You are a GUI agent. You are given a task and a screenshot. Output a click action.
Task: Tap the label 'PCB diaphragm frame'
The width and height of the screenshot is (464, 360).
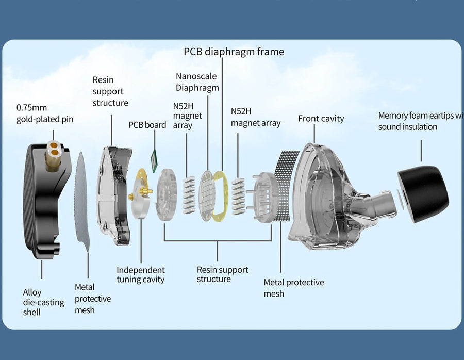[234, 52]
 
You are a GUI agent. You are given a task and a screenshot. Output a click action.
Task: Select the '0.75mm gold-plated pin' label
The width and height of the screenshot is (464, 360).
[45, 113]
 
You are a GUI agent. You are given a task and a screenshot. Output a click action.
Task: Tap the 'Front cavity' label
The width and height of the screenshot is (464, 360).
[321, 119]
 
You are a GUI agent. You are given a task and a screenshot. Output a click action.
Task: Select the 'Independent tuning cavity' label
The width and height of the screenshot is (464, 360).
[140, 275]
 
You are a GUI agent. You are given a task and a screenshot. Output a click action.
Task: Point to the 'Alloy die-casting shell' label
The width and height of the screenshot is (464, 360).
[43, 302]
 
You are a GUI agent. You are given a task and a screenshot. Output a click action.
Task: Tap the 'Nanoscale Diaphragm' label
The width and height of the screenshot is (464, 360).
[196, 82]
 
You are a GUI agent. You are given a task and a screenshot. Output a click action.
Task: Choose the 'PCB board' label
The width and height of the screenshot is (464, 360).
[147, 125]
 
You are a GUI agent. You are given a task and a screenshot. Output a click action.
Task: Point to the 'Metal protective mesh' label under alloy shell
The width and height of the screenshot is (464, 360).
[92, 299]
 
